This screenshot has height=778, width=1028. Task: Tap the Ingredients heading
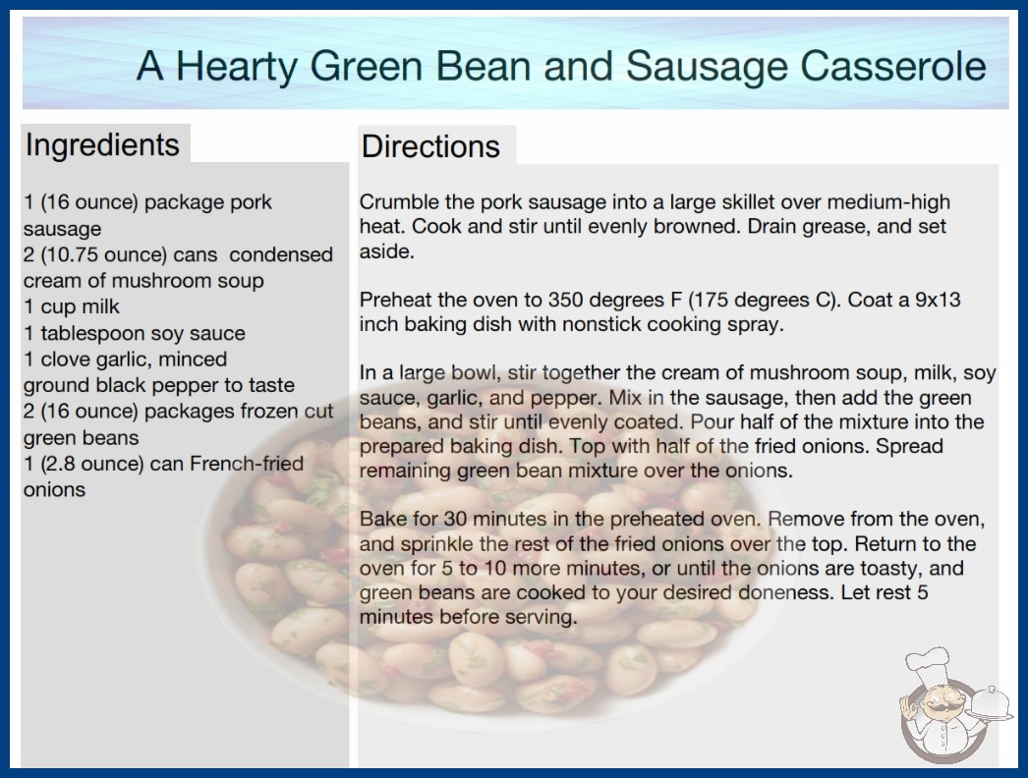click(x=102, y=144)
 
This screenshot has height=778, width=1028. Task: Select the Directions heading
click(x=430, y=146)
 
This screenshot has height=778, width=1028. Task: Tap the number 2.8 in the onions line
click(x=62, y=464)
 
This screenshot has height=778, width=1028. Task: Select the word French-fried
click(x=247, y=464)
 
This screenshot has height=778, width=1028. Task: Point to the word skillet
click(x=745, y=202)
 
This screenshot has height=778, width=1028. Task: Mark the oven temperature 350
click(x=565, y=300)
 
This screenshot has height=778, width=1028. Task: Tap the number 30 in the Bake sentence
click(x=455, y=519)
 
